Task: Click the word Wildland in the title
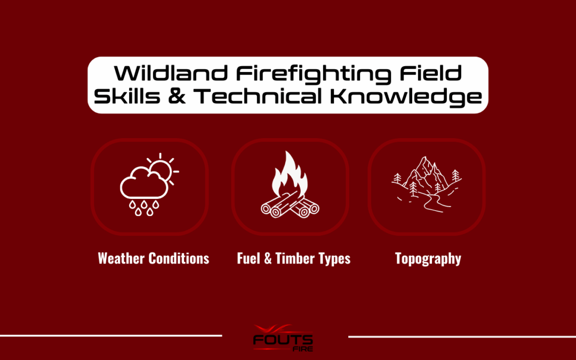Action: pos(171,73)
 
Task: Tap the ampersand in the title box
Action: pos(177,96)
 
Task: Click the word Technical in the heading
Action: pos(258,96)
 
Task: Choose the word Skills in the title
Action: pos(127,96)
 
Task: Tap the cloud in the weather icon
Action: pos(144,182)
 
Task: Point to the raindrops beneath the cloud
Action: pos(144,207)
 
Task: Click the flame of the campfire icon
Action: pos(290,174)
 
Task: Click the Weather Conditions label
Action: pos(154,258)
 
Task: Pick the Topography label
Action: pos(428,259)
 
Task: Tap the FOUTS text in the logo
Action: pos(283,339)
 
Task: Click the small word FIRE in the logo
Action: pos(303,349)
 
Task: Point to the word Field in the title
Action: pos(430,73)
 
